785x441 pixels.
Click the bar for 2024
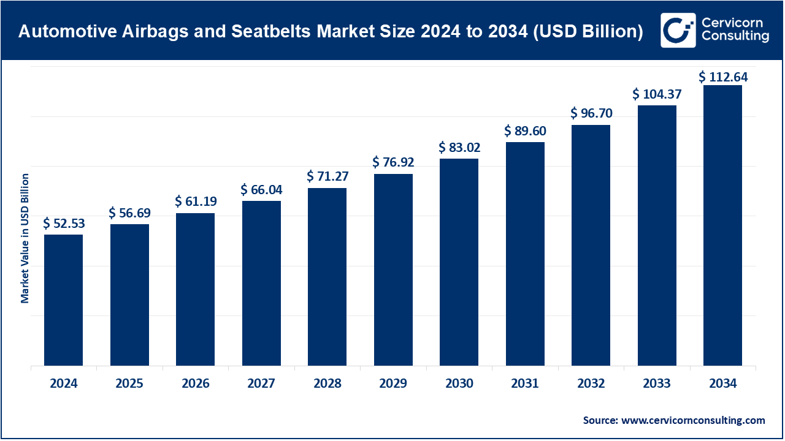coord(63,300)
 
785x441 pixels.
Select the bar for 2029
coord(393,269)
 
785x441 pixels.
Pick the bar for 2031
coord(525,254)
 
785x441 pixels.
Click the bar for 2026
coord(195,289)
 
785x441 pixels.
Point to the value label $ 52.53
coord(64,224)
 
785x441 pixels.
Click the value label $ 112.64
coord(723,77)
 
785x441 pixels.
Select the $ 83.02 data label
coord(459,148)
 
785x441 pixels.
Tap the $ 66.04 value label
coord(261,190)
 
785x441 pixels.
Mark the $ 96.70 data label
coord(591,113)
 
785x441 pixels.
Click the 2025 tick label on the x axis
coord(129,384)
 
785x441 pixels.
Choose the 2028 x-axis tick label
coord(327,384)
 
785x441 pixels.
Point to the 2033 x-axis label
coord(657,384)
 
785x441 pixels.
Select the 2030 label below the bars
coord(459,384)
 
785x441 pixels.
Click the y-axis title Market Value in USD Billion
coord(25,238)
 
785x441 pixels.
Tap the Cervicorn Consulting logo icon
coord(678,30)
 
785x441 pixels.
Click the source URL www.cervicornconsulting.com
coord(693,420)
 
